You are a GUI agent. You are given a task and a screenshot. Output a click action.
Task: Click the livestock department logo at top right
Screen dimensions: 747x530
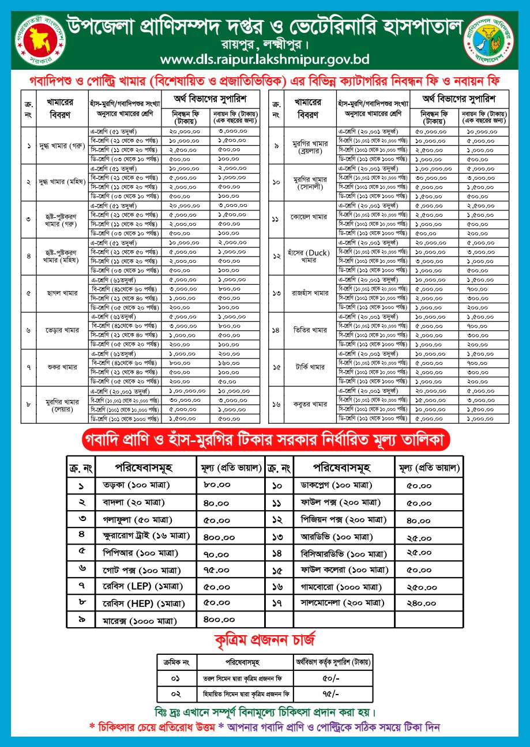click(492, 40)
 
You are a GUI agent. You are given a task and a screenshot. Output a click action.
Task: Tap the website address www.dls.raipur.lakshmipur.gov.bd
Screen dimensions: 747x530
click(265, 59)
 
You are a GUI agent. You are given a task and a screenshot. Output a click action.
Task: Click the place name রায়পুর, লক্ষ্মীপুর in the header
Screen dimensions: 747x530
click(265, 44)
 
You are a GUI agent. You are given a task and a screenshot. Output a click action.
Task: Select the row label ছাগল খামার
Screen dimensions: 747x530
click(58, 293)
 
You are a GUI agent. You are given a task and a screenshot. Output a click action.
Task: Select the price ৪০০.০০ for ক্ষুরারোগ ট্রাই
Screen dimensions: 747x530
click(219, 536)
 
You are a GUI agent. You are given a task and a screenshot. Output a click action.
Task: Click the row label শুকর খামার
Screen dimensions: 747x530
click(58, 367)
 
